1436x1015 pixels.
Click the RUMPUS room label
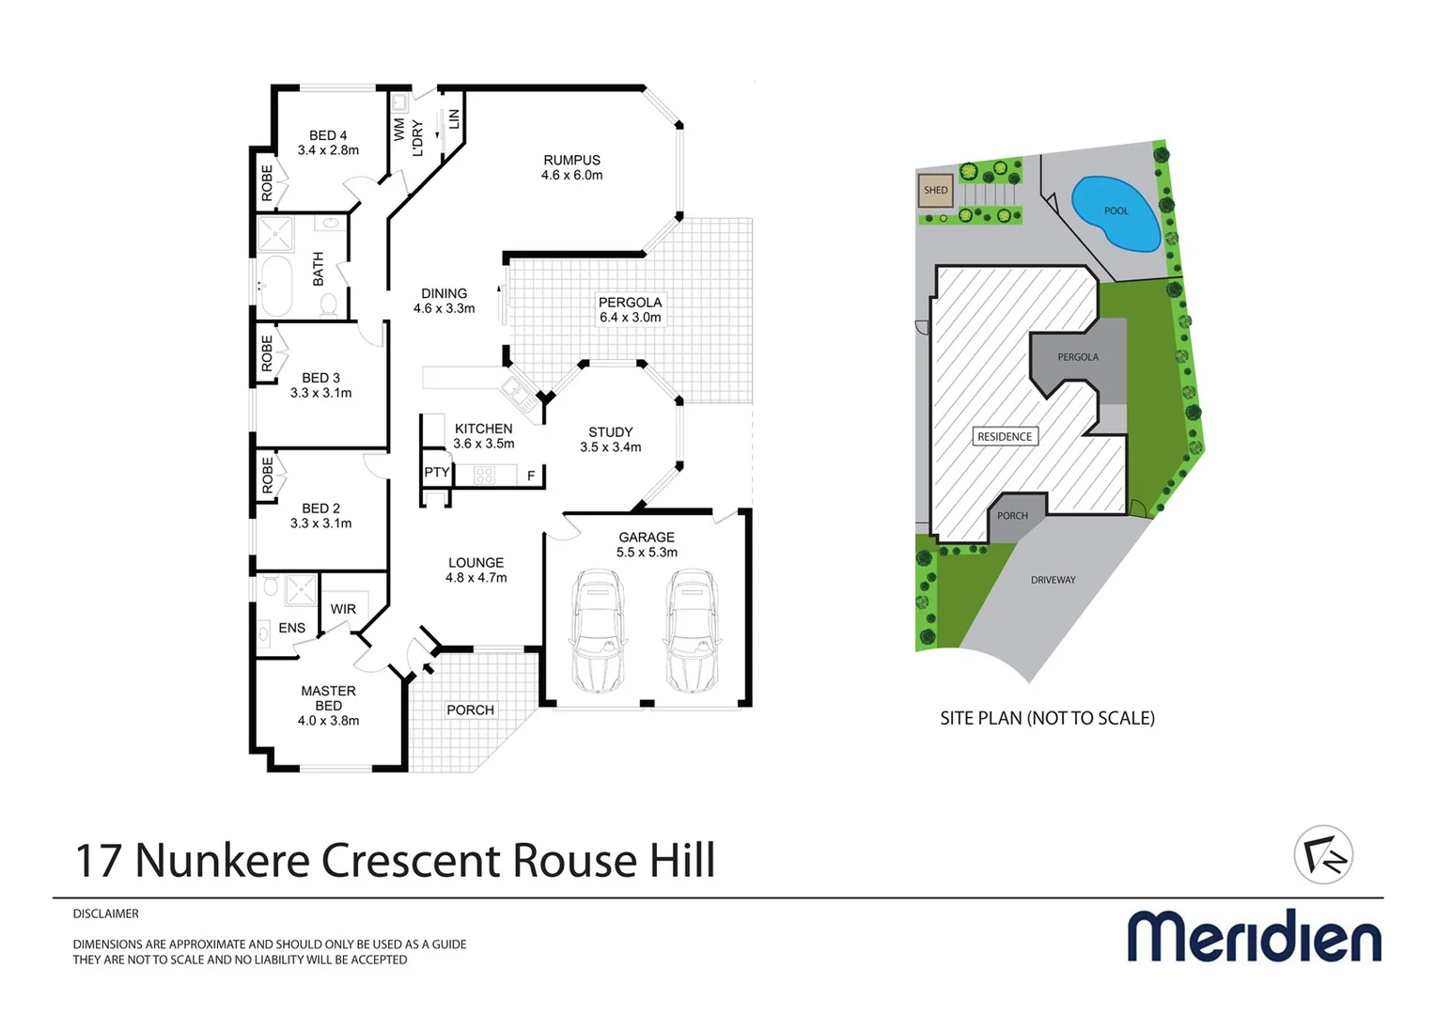pyautogui.click(x=571, y=161)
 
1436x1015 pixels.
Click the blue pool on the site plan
pyautogui.click(x=1115, y=213)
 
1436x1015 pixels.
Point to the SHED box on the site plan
pyautogui.click(x=935, y=190)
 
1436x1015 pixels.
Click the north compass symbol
pyautogui.click(x=1323, y=854)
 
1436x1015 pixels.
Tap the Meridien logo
pyautogui.click(x=1254, y=935)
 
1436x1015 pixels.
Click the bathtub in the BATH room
pyautogui.click(x=276, y=285)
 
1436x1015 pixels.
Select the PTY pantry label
pyautogui.click(x=436, y=472)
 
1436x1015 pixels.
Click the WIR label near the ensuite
pyautogui.click(x=343, y=609)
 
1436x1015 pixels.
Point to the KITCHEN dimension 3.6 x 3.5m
pyautogui.click(x=484, y=444)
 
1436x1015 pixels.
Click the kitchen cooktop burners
pyautogui.click(x=485, y=475)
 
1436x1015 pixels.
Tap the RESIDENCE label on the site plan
pyautogui.click(x=1005, y=436)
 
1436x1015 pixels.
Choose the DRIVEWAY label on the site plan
pyautogui.click(x=1053, y=580)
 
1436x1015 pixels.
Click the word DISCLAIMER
pyautogui.click(x=106, y=913)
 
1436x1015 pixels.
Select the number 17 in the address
pyautogui.click(x=98, y=860)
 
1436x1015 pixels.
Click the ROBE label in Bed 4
pyautogui.click(x=267, y=182)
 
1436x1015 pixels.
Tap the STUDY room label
pyautogui.click(x=611, y=432)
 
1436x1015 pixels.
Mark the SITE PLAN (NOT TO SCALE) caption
pyautogui.click(x=1047, y=718)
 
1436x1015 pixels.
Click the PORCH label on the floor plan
pyautogui.click(x=470, y=710)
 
